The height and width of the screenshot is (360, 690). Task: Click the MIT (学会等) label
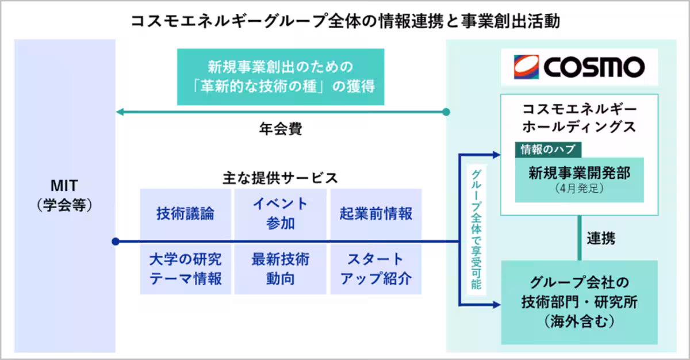pyautogui.click(x=64, y=195)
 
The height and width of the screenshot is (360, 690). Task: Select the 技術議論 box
pyautogui.click(x=185, y=213)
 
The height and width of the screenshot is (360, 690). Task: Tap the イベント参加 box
pyautogui.click(x=281, y=213)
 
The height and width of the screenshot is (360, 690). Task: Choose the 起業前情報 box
pyautogui.click(x=376, y=213)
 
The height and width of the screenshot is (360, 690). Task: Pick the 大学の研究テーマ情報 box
pyautogui.click(x=185, y=269)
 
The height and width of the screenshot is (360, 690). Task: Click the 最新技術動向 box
pyautogui.click(x=281, y=269)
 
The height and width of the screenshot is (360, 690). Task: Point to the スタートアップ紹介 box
pyautogui.click(x=376, y=269)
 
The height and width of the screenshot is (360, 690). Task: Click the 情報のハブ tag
pyautogui.click(x=548, y=150)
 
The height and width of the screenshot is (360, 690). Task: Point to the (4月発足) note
pyautogui.click(x=578, y=189)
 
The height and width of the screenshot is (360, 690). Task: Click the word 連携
pyautogui.click(x=601, y=239)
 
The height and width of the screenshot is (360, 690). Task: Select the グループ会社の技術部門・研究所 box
pyautogui.click(x=578, y=302)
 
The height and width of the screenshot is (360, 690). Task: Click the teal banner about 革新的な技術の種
pyautogui.click(x=280, y=76)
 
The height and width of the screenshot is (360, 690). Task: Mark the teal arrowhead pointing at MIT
pyautogui.click(x=121, y=112)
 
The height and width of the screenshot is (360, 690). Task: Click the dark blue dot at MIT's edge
pyautogui.click(x=116, y=242)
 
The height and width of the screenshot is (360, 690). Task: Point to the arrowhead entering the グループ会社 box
pyautogui.click(x=496, y=302)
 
